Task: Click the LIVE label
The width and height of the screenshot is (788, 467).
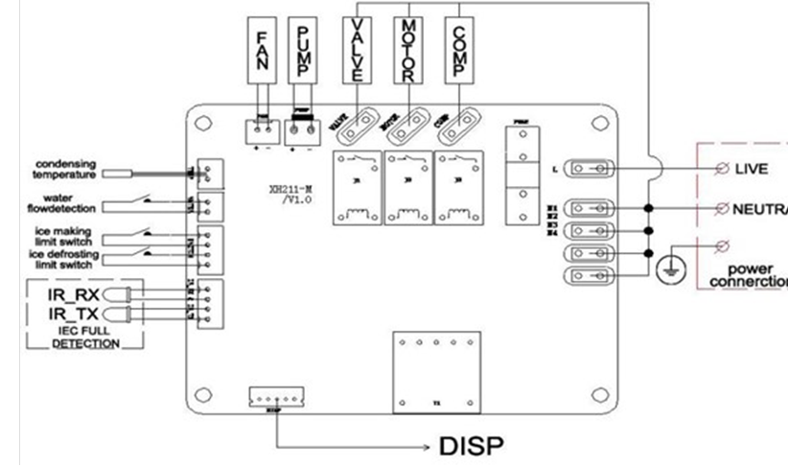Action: [x=752, y=169]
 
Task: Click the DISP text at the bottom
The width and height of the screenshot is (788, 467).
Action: [x=471, y=447]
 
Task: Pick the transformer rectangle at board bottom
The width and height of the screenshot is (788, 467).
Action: [x=437, y=371]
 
